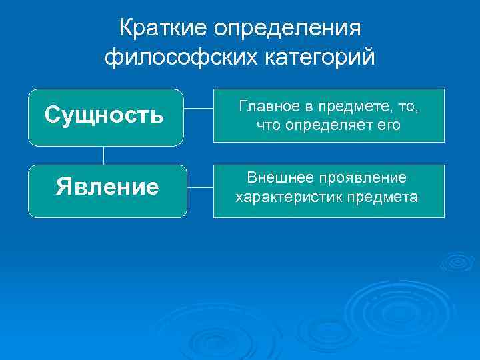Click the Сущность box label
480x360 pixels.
tap(105, 116)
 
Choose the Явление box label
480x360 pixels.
tap(107, 187)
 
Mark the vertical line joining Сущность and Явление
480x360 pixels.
tap(103, 155)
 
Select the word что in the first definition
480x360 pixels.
tap(268, 125)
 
